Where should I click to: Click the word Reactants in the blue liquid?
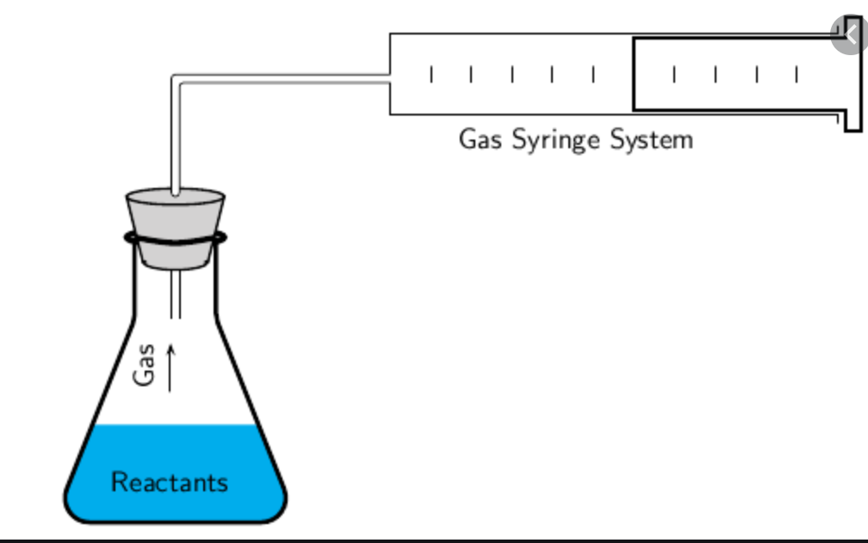pos(170,481)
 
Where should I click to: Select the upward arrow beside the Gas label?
pos(170,367)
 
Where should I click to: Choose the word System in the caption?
pos(651,139)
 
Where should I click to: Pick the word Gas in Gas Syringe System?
pos(480,139)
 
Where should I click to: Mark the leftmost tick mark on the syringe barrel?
pos(431,75)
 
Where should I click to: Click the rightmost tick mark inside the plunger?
pos(797,75)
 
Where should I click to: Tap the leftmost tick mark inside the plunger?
pos(674,75)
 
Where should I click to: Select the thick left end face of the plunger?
pos(634,74)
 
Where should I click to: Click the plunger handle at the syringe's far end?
pos(852,86)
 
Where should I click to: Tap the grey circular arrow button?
pos(849,34)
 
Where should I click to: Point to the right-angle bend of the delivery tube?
pos(177,80)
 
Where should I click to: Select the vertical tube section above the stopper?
pos(176,138)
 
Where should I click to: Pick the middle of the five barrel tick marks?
pos(512,75)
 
